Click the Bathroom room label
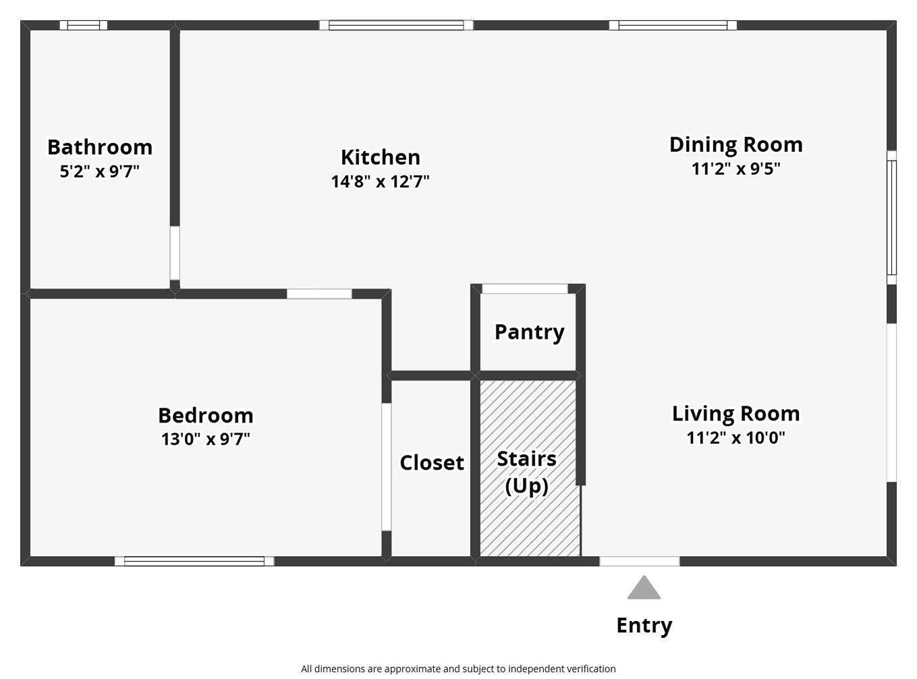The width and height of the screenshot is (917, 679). pyautogui.click(x=100, y=147)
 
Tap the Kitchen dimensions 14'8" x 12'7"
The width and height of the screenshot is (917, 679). pyautogui.click(x=381, y=181)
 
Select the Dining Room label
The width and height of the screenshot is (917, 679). pyautogui.click(x=736, y=144)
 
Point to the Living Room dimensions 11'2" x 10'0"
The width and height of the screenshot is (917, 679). pyautogui.click(x=736, y=437)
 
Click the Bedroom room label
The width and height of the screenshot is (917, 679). pyautogui.click(x=206, y=415)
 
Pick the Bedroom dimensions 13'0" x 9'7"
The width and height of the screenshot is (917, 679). pyautogui.click(x=206, y=439)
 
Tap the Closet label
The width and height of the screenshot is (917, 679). pyautogui.click(x=432, y=462)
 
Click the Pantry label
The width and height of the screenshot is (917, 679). pyautogui.click(x=530, y=332)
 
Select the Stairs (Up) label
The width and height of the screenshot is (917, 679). pyautogui.click(x=527, y=472)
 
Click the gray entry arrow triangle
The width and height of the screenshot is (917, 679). pyautogui.click(x=644, y=589)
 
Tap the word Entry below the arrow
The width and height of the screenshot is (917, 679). pyautogui.click(x=644, y=626)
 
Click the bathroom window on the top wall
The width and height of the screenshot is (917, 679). pyautogui.click(x=84, y=25)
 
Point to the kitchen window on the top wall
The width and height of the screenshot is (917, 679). pyautogui.click(x=397, y=25)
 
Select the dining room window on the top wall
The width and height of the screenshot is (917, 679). pyautogui.click(x=673, y=25)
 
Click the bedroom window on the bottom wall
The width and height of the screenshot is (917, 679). pyautogui.click(x=194, y=561)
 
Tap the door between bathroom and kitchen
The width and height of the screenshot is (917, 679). pyautogui.click(x=175, y=253)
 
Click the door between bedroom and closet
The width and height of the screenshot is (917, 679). pyautogui.click(x=386, y=467)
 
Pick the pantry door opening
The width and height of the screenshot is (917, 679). pyautogui.click(x=525, y=289)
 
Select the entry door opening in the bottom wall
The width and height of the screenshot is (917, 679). pyautogui.click(x=640, y=561)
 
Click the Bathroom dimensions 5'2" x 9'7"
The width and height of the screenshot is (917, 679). pyautogui.click(x=100, y=171)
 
